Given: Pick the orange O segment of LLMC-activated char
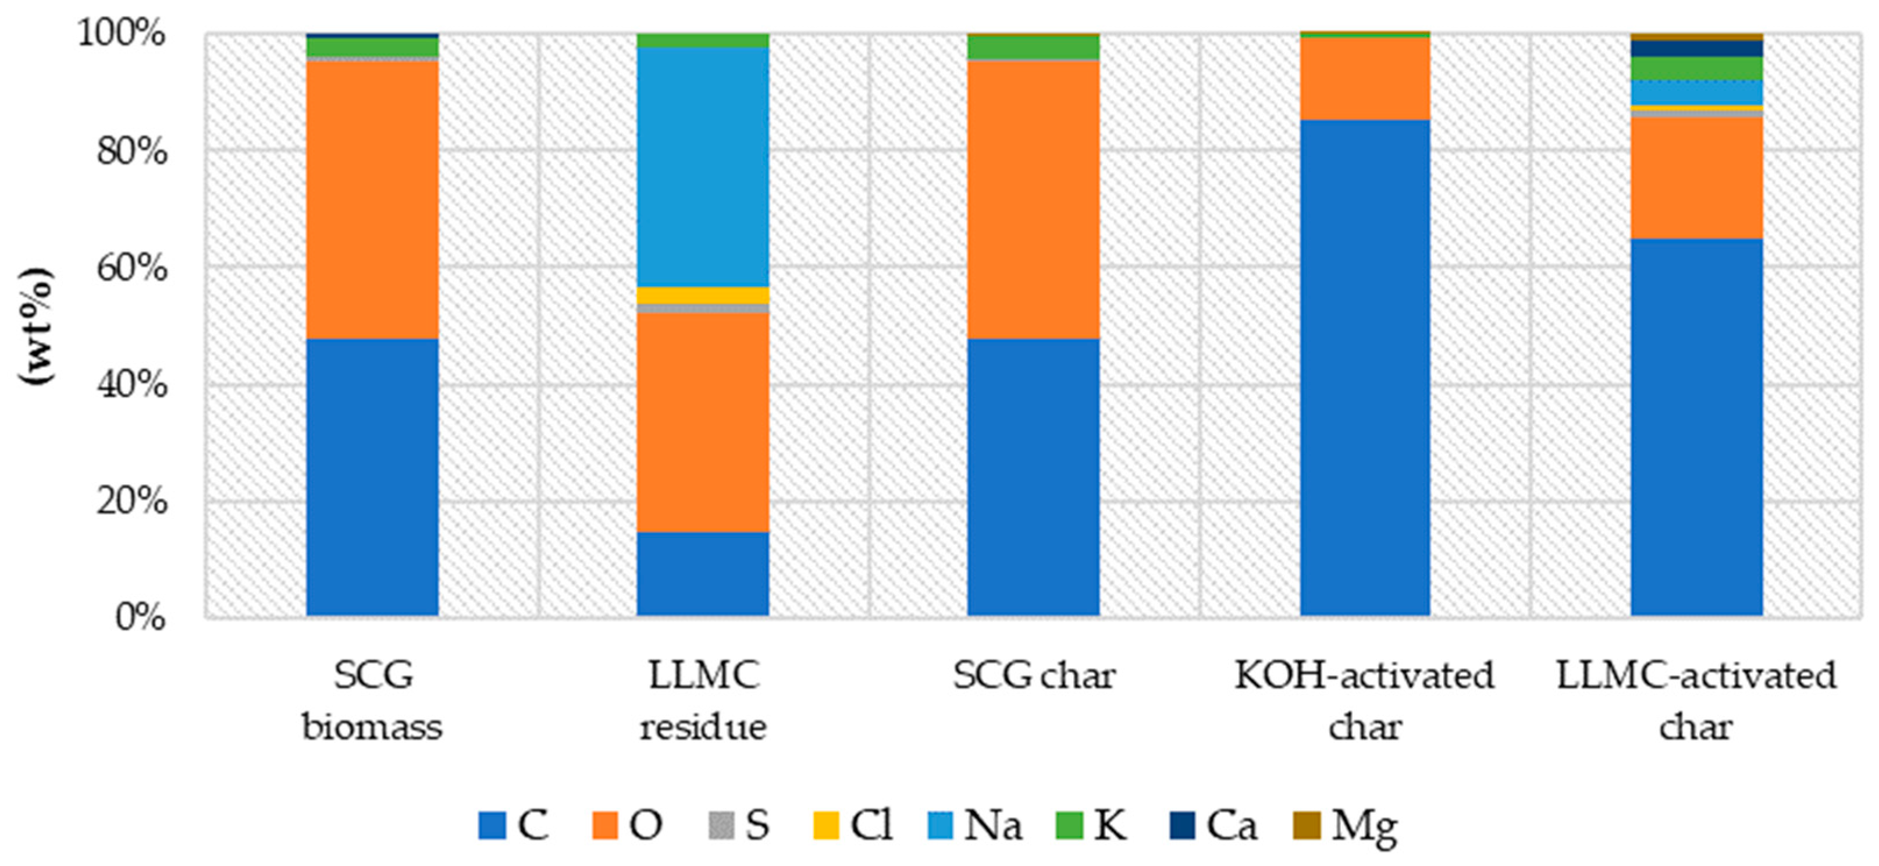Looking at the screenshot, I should click(x=1697, y=178).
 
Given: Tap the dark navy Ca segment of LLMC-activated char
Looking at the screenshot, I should click(x=1697, y=48).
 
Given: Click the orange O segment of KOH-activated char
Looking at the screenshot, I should click(x=1365, y=78).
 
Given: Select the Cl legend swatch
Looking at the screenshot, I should click(x=825, y=826).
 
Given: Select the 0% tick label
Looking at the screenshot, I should click(x=140, y=617).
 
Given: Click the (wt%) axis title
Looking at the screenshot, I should click(x=37, y=326).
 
